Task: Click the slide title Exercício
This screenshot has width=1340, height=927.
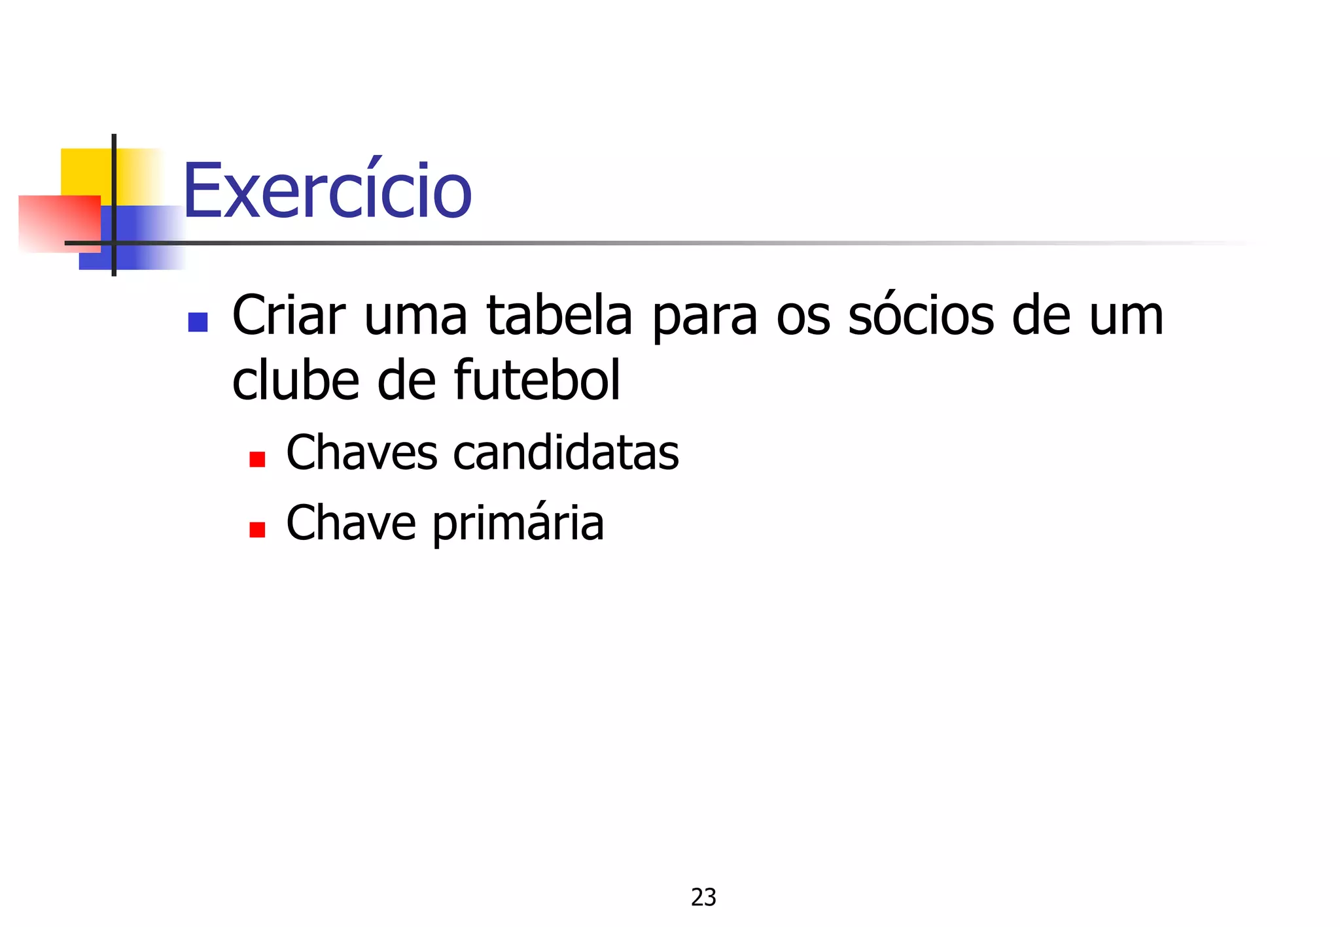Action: (x=326, y=190)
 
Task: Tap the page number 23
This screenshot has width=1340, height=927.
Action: (x=703, y=898)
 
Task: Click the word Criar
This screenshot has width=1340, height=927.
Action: (x=289, y=316)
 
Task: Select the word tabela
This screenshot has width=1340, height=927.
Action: (x=559, y=316)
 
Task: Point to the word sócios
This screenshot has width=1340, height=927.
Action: (x=921, y=316)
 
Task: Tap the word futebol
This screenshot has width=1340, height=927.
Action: (x=537, y=380)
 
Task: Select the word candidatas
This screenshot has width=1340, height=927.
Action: (x=566, y=452)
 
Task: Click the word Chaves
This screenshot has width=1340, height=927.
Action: (x=362, y=452)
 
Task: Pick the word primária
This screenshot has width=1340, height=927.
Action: (x=518, y=524)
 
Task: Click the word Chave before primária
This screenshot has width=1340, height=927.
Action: (x=351, y=522)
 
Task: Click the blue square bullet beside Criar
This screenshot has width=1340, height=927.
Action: (x=198, y=322)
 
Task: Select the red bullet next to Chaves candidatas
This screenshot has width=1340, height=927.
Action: (x=257, y=460)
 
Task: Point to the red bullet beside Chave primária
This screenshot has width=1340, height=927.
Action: (x=257, y=530)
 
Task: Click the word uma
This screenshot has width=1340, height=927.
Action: (x=415, y=317)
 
